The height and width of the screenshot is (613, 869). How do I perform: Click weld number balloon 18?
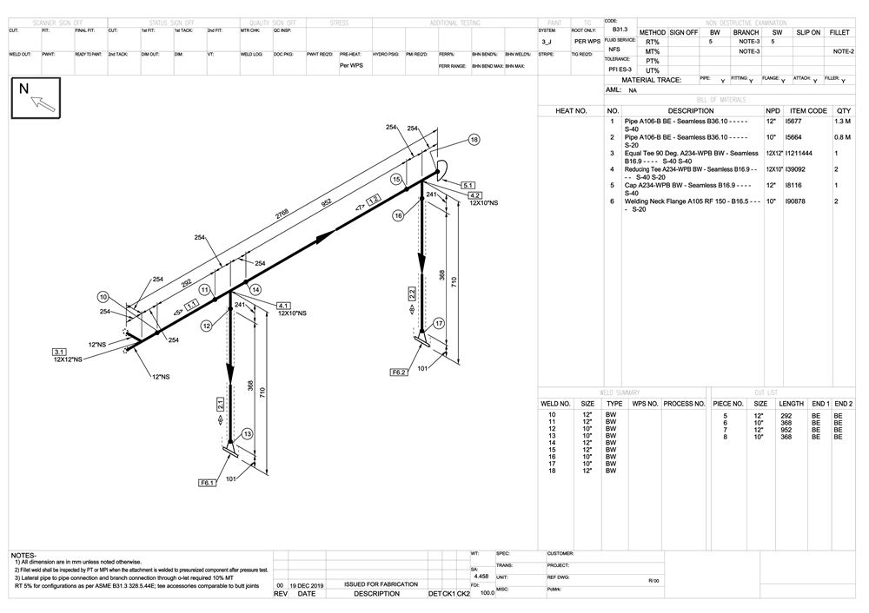point(474,139)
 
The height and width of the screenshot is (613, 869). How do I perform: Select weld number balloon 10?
point(103,297)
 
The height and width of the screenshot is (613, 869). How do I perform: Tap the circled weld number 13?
point(248,433)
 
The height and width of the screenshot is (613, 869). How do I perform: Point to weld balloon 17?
point(440,323)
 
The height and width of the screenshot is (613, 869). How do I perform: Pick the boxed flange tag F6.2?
point(399,372)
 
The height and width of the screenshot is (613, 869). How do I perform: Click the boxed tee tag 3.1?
point(60,352)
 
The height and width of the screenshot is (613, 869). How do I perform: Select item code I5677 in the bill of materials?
point(793,123)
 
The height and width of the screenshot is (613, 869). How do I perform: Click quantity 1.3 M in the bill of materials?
point(842,123)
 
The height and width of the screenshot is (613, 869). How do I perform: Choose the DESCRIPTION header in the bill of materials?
point(691,111)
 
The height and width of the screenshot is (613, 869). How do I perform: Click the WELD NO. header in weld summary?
point(555,404)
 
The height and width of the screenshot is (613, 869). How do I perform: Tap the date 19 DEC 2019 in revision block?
point(306,584)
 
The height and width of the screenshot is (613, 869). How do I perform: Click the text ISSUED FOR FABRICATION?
point(381,584)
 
